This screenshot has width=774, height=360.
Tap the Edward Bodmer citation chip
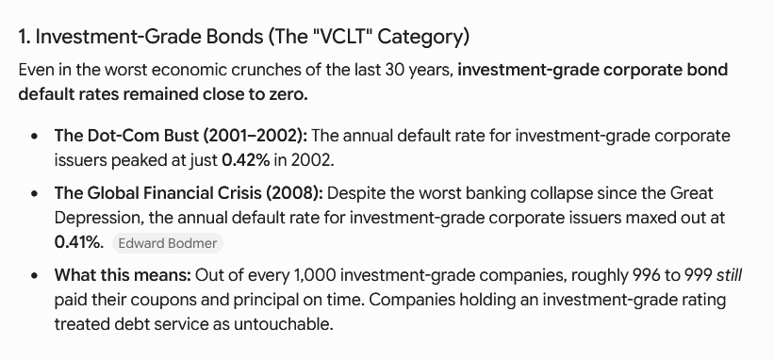(x=168, y=244)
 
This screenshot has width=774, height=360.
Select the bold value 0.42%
(x=246, y=160)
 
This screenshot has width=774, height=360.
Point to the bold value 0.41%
(x=79, y=242)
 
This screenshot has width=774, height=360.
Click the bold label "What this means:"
(x=123, y=275)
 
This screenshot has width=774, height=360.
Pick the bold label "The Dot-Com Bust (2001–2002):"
(x=181, y=136)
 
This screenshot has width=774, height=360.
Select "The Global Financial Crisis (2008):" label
(x=189, y=193)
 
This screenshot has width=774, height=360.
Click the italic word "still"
(x=729, y=275)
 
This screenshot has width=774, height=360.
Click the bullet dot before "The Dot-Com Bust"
(x=34, y=136)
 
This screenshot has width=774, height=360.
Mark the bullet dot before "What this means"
(x=34, y=276)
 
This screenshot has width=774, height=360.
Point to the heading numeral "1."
(x=25, y=37)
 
